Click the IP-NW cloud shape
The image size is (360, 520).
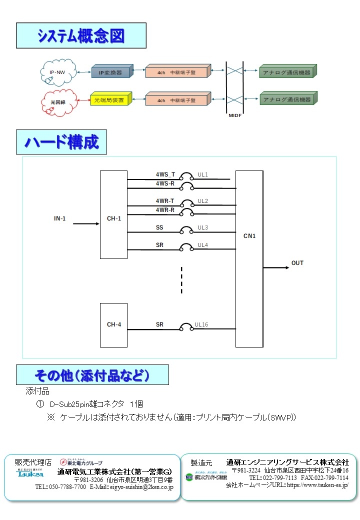[x=57, y=73]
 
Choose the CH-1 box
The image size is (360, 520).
[x=113, y=218]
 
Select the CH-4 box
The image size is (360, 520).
[x=113, y=324]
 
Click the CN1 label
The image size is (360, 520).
[x=249, y=236]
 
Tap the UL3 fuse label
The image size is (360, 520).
[x=202, y=227]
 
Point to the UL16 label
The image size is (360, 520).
[x=201, y=324]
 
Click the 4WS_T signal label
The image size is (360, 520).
[x=165, y=175]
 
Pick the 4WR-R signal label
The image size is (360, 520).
[x=165, y=210]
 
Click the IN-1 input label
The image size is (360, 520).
[x=60, y=218]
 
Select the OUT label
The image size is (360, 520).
[x=297, y=263]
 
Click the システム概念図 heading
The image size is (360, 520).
[x=81, y=35]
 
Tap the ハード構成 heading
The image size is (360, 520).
[x=61, y=142]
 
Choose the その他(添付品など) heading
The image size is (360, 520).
[x=92, y=375]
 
